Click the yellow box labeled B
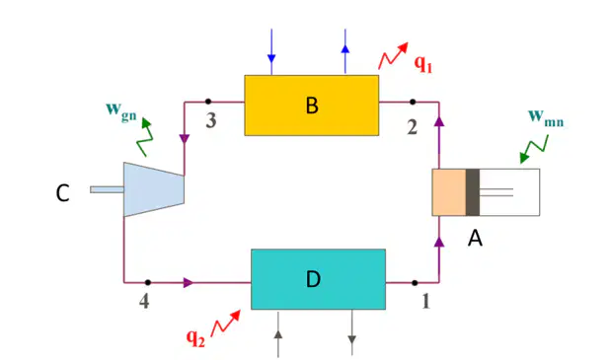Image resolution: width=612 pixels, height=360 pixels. coord(312,106)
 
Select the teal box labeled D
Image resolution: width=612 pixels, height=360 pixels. coord(318,279)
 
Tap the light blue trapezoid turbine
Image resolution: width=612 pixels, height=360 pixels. coord(154,189)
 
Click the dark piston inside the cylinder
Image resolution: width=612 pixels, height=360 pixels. coord(473,192)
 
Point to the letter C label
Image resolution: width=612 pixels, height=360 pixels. coord(62,193)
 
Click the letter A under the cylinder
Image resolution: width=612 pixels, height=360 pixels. coord(475,238)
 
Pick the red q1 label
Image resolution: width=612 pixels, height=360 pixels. coord(423,63)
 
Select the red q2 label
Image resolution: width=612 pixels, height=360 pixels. coord(195,337)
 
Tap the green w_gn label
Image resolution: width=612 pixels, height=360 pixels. coord(121,111)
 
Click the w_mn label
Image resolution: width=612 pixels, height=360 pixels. coord(546,117)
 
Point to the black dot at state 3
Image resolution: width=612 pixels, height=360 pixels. coord(208,102)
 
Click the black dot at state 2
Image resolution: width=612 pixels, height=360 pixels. coord(413,102)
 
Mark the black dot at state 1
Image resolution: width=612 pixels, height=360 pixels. coord(415,283)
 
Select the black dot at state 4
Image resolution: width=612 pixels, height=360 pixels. coord(147,282)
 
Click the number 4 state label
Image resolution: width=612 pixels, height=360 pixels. coord(144,301)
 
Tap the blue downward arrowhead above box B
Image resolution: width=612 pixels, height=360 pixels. coord(271,58)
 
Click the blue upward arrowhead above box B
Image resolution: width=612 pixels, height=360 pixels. coord(345,48)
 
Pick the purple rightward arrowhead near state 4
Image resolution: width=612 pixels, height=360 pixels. coord(189,282)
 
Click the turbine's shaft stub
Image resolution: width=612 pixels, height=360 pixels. coord(107,189)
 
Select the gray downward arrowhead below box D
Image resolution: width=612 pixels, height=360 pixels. coord(352,339)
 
